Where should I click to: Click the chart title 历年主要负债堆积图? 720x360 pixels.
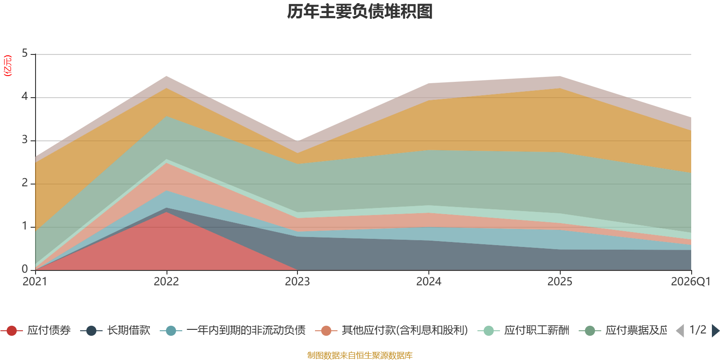[360, 12]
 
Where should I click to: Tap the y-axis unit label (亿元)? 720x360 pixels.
[8, 66]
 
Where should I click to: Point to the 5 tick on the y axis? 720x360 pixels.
[25, 54]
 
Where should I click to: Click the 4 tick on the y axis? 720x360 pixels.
[25, 97]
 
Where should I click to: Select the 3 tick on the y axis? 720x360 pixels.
[25, 140]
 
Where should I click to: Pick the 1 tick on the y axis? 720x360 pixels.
[25, 226]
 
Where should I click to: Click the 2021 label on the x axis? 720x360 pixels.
[35, 282]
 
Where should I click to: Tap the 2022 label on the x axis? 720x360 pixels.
[166, 282]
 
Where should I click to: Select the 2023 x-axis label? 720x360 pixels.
[297, 282]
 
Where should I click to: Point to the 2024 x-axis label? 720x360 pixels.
[429, 282]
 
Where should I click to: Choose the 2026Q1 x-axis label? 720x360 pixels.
[690, 282]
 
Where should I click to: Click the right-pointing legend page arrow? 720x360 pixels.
[715, 331]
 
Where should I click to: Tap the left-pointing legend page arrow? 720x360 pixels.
[680, 331]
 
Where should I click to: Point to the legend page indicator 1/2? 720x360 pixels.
[697, 330]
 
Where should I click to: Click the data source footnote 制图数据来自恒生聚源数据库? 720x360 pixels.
[360, 355]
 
